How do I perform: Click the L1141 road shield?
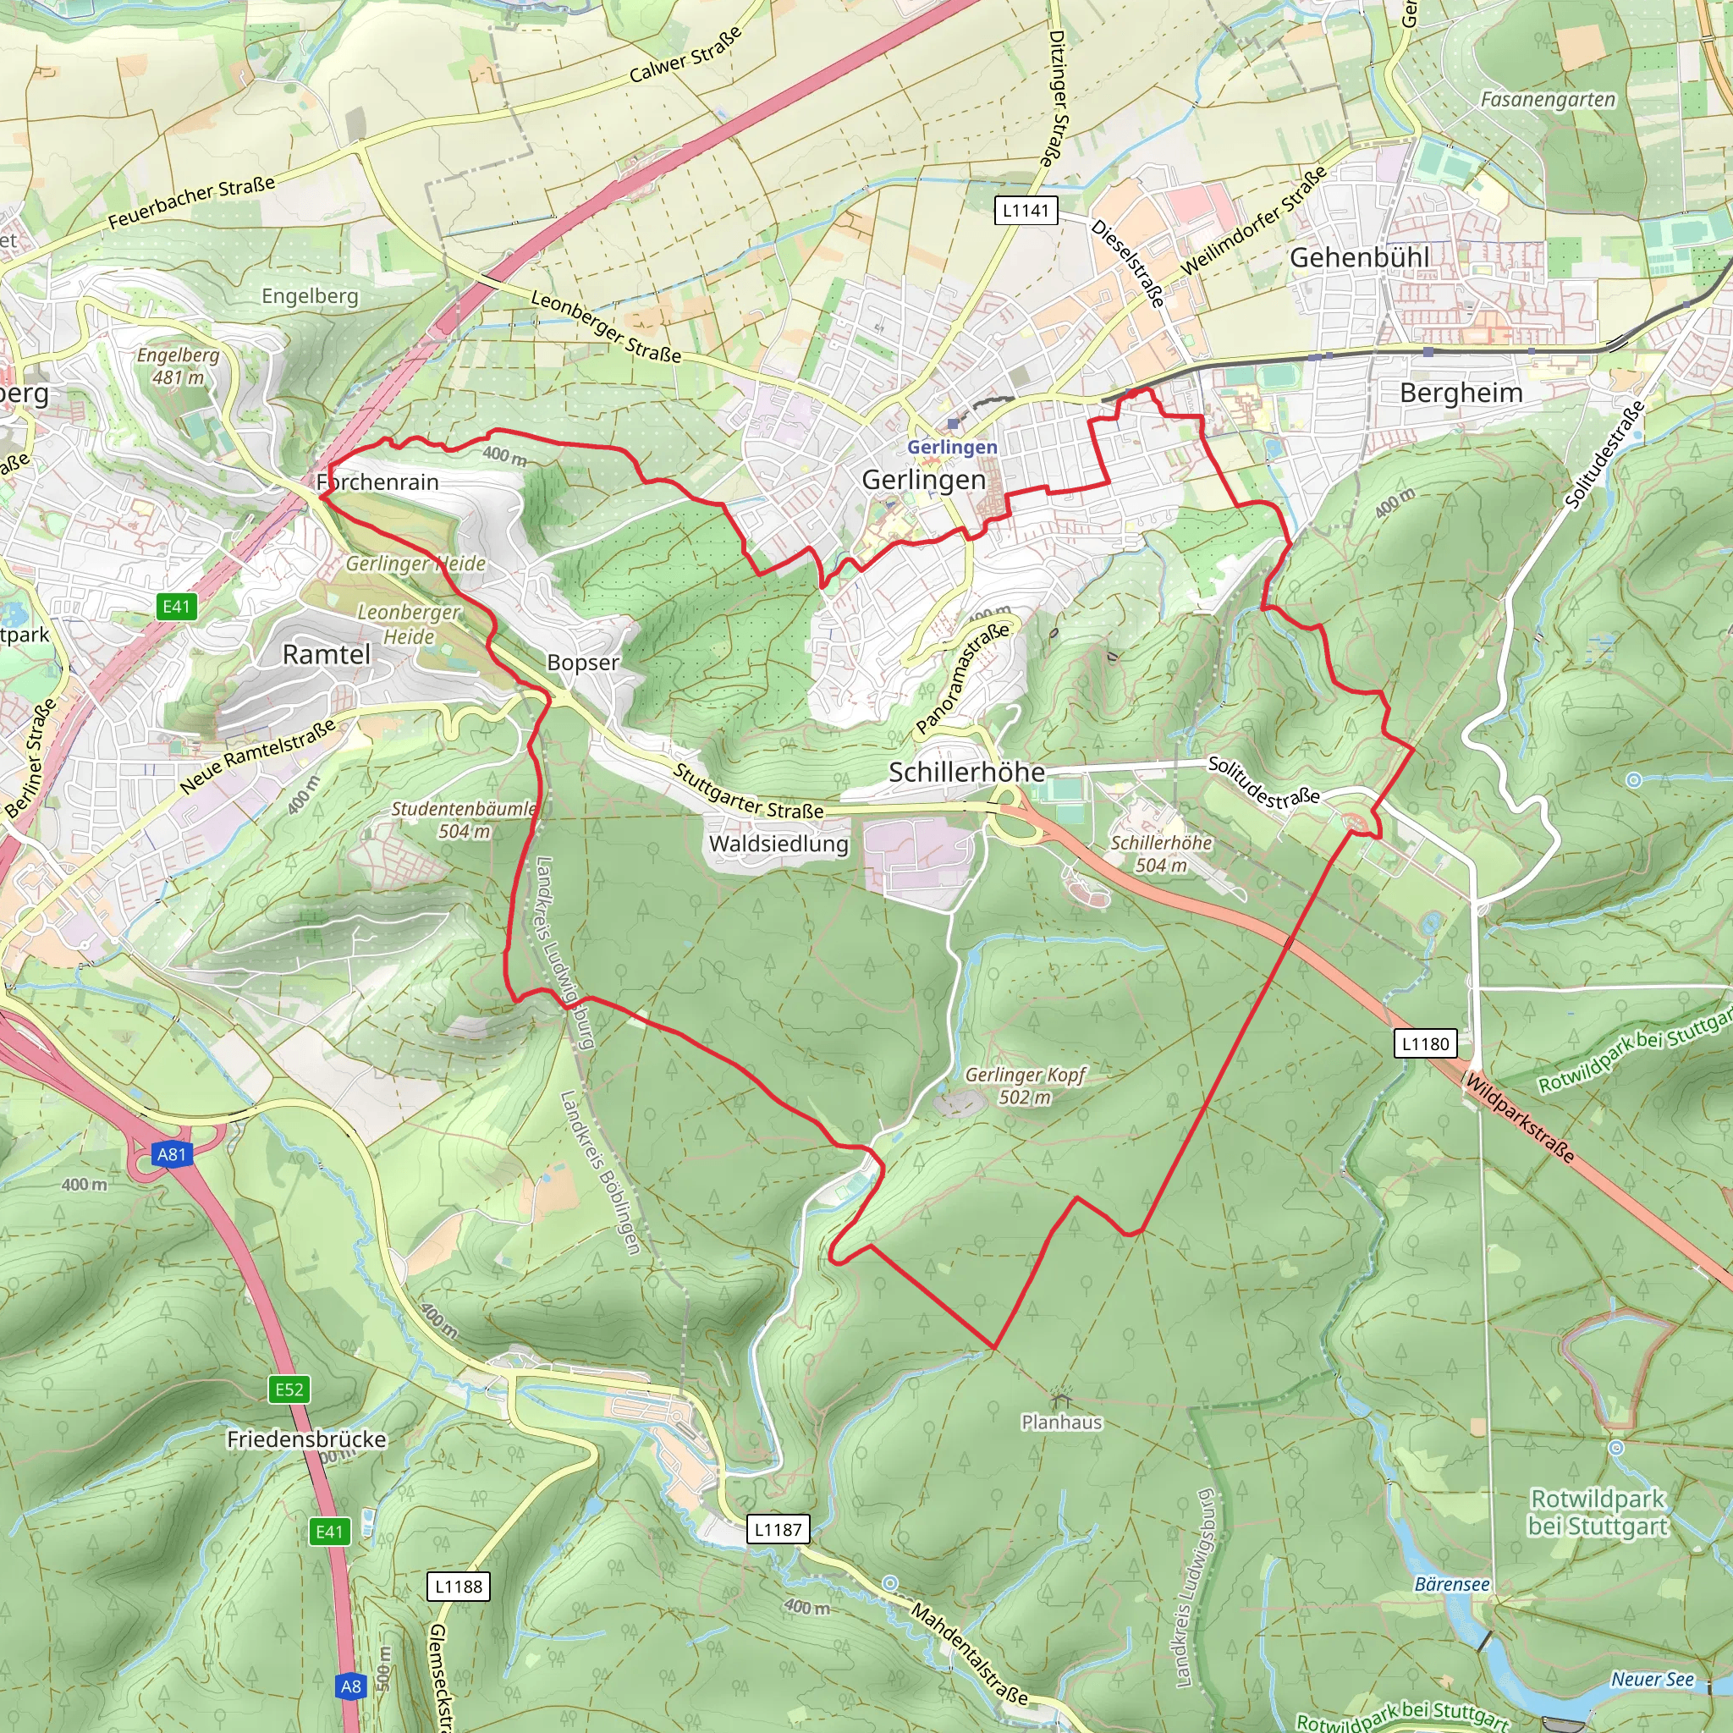[x=1026, y=211]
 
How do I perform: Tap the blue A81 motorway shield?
[x=171, y=1153]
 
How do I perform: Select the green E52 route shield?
[x=289, y=1389]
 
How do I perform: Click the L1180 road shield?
[x=1425, y=1043]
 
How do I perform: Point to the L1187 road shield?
[x=778, y=1529]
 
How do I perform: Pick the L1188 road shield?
[x=459, y=1586]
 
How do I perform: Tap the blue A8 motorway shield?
[x=350, y=1686]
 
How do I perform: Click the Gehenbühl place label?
[x=1359, y=257]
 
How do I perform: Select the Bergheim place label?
[x=1461, y=393]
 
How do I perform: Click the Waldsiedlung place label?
[x=778, y=843]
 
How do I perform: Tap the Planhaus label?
[x=1061, y=1422]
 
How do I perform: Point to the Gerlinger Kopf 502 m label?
[x=1026, y=1086]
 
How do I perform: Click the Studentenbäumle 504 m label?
[x=464, y=819]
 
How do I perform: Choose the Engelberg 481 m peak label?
[x=178, y=366]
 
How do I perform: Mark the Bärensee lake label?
[x=1451, y=1584]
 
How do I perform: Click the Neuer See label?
[x=1653, y=1679]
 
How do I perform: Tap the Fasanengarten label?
[x=1548, y=100]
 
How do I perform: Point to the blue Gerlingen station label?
[x=952, y=447]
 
